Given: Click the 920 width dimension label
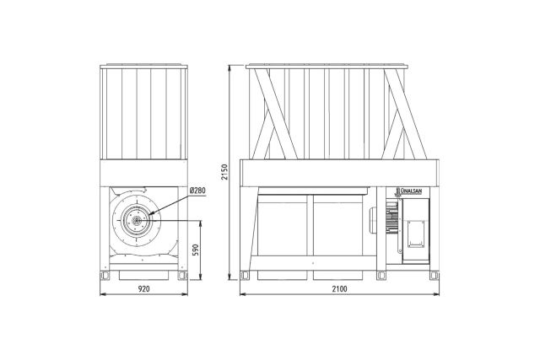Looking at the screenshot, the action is [x=144, y=288].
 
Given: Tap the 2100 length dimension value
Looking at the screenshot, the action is [x=339, y=288].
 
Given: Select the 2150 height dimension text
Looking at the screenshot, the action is [x=224, y=172].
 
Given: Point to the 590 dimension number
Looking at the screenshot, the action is [x=196, y=250].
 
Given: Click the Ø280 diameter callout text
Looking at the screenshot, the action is [x=197, y=191].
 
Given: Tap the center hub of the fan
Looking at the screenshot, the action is [x=137, y=221].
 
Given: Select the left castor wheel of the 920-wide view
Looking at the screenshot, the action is [x=105, y=276].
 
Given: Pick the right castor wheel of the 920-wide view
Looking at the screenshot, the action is [x=182, y=276].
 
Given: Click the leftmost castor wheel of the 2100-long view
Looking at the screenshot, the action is [x=245, y=276].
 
